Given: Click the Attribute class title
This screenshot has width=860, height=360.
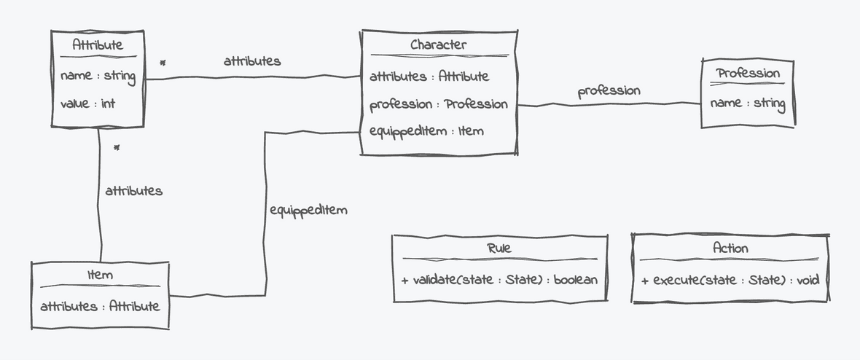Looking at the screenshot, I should [x=98, y=45].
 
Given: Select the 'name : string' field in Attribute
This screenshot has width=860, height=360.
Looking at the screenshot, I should [x=98, y=75].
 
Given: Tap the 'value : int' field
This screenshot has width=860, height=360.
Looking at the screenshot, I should [x=87, y=103].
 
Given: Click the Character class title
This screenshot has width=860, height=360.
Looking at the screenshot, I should [x=438, y=45].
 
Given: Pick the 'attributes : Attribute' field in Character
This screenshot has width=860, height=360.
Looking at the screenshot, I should [x=429, y=76].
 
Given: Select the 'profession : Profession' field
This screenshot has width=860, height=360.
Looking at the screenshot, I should [x=438, y=104].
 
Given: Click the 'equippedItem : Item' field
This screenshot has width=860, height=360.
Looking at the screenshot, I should [x=426, y=131].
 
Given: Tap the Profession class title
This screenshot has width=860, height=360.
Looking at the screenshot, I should [x=747, y=74].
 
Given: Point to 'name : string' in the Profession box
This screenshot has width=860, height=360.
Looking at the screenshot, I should [x=747, y=103].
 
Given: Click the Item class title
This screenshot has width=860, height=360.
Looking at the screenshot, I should [x=99, y=275].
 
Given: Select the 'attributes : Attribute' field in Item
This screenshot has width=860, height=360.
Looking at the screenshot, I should [x=99, y=306].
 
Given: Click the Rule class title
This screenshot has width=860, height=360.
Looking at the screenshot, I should [x=499, y=248].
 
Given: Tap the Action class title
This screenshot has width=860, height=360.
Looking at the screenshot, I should [x=730, y=248].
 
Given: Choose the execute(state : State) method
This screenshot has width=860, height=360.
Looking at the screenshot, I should [x=730, y=280].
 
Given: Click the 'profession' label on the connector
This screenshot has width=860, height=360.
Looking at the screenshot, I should [x=609, y=91].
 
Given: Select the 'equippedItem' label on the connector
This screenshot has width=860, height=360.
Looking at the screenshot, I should [x=308, y=210].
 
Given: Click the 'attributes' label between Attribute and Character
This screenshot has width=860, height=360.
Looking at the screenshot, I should [x=252, y=61].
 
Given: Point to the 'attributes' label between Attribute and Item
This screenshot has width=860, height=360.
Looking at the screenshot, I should [x=133, y=191].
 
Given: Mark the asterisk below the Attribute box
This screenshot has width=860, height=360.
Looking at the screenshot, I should [x=117, y=148].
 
